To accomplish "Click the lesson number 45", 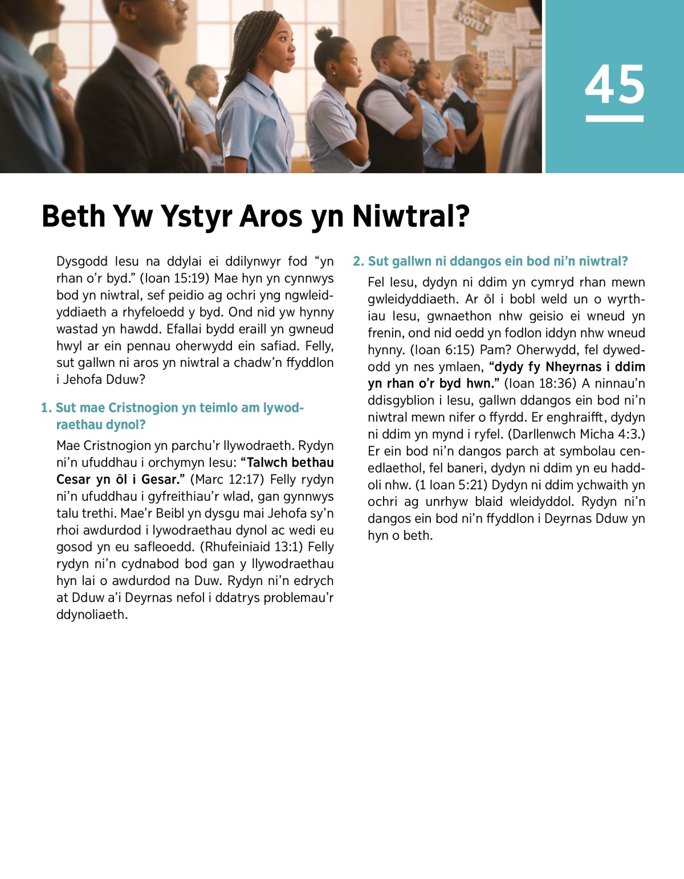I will (x=614, y=84).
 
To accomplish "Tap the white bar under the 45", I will (x=614, y=118).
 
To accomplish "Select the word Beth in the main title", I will (x=74, y=216).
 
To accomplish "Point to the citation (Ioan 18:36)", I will (x=541, y=383).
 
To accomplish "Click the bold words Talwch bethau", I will (x=291, y=463).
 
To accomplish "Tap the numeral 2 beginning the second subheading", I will (x=357, y=261).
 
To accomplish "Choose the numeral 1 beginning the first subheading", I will (x=45, y=408).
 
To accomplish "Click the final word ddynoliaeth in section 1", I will (x=91, y=615).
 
